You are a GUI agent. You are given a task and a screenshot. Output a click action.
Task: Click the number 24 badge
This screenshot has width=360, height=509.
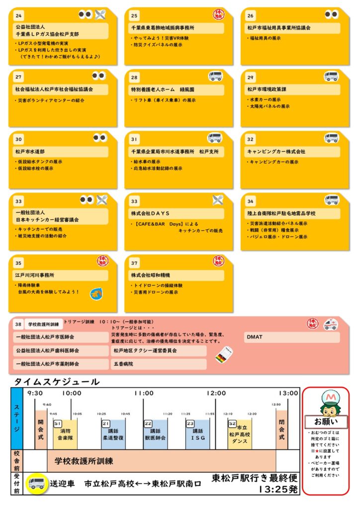point(18,16)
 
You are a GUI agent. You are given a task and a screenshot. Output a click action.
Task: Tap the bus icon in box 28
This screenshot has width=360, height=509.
point(215,77)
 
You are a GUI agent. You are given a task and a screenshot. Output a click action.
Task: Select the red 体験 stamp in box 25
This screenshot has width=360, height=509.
point(218,14)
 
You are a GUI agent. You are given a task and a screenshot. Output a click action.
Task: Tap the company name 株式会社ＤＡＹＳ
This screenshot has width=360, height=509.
point(151,213)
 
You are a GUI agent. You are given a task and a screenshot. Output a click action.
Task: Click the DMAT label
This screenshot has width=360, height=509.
point(254,337)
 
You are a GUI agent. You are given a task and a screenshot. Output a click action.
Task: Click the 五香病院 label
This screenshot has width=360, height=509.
point(123,364)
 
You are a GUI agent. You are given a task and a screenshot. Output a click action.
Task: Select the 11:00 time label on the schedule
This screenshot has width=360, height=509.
point(144,393)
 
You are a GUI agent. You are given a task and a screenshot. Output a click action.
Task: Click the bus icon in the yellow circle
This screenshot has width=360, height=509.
point(37,483)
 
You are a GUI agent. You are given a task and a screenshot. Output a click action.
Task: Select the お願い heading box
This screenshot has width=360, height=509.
point(326,422)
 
